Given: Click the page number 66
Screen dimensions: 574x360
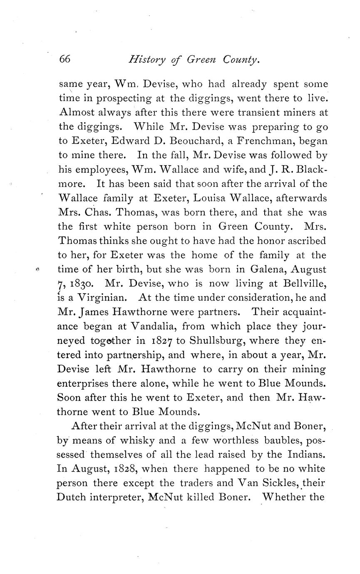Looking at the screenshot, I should tap(65, 59).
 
